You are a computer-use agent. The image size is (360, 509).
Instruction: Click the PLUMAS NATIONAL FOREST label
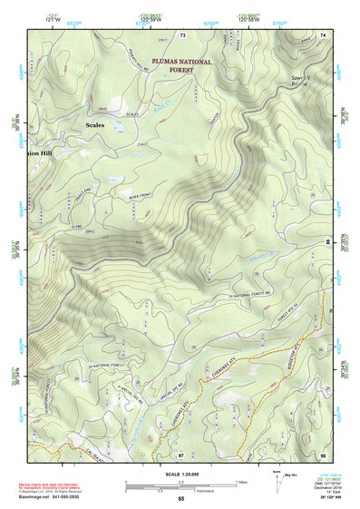181,65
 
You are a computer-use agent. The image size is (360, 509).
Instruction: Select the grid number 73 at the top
182,34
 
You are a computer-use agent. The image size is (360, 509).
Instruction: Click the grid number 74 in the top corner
323,34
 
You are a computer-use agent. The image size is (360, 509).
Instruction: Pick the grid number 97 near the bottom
180,453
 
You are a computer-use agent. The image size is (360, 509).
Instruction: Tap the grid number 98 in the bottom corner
322,453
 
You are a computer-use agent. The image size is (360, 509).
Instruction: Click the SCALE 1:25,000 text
180,472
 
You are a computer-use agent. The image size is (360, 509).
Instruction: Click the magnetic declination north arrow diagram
277,482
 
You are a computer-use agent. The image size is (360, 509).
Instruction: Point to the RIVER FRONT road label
143,194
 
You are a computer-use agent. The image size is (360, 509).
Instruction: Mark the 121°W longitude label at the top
50,18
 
